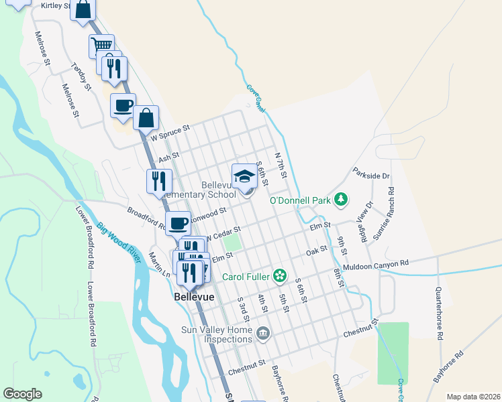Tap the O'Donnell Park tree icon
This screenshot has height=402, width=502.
(x=342, y=199)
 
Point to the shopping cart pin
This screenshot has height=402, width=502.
(x=101, y=46)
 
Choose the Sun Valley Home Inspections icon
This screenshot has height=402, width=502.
(x=263, y=332)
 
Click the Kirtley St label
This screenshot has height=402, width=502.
(x=56, y=5)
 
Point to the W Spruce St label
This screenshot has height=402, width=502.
(x=170, y=132)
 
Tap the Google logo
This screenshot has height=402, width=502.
(x=22, y=394)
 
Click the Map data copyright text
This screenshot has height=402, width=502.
(x=474, y=397)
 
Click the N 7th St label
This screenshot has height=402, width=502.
(x=281, y=165)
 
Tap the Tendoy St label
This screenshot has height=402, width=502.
(x=81, y=76)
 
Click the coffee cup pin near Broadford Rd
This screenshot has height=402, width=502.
(x=179, y=222)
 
